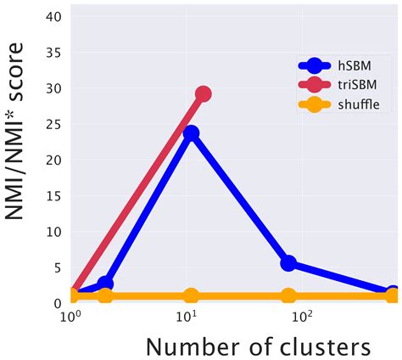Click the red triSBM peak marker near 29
203,94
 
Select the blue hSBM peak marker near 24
192,133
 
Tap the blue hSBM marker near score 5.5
288,263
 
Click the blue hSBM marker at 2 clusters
105,284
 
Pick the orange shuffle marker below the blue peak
192,296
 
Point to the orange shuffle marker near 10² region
288,296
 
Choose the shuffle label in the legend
359,104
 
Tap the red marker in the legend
315,85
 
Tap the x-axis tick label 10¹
186,318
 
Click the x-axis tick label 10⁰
70,318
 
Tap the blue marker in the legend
315,65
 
